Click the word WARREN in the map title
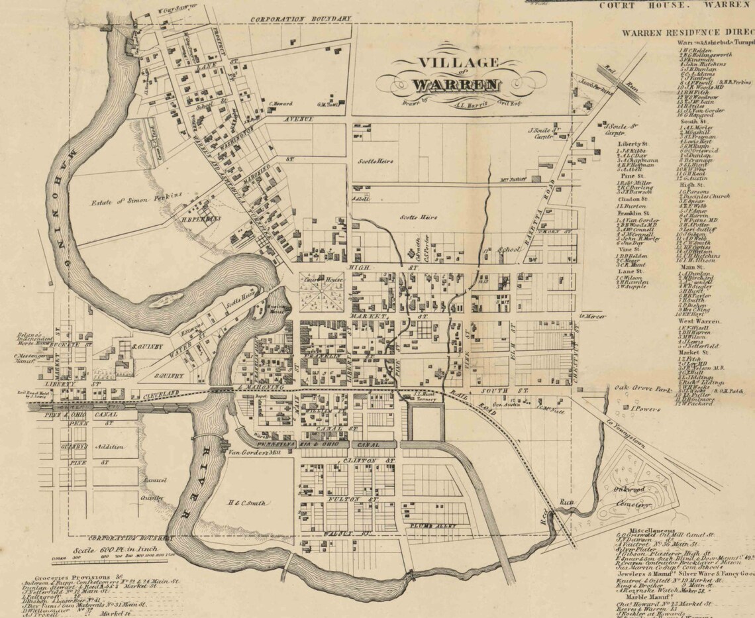pos(456,84)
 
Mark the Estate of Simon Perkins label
pos(141,196)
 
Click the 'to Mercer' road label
pos(593,316)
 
